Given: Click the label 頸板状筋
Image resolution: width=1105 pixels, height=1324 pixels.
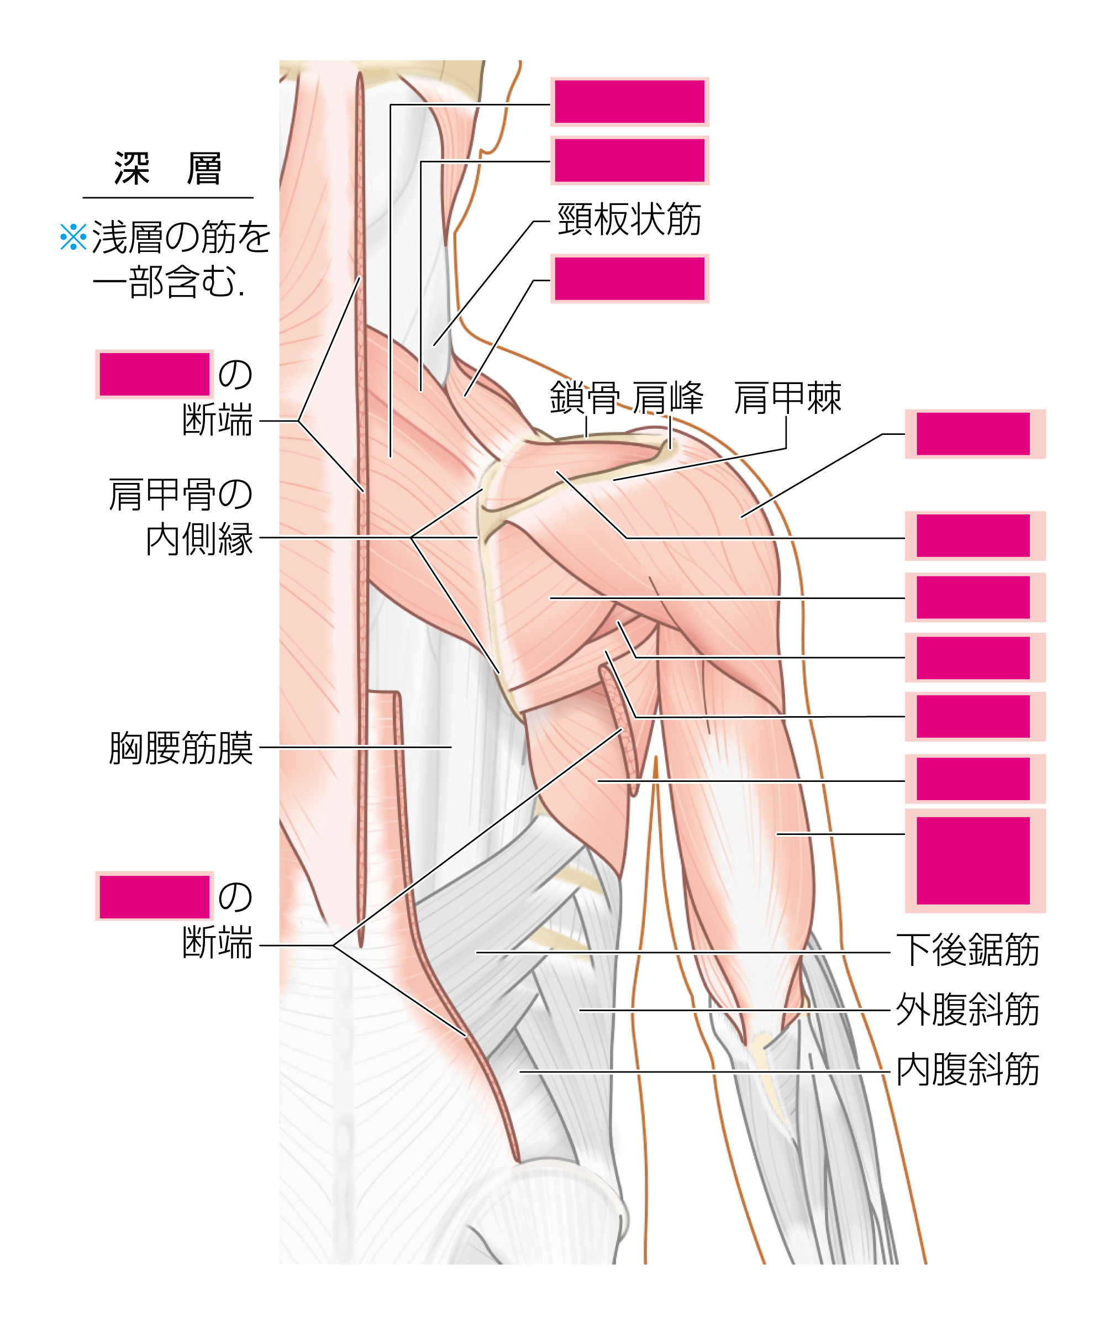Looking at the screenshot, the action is pos(629,219).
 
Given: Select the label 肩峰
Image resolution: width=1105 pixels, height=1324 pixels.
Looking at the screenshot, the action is pos(668,398).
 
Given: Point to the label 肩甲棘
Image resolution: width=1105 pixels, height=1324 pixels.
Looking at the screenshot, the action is pos(787,398).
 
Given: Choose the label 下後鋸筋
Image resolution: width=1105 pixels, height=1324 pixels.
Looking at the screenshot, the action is pos(967,949).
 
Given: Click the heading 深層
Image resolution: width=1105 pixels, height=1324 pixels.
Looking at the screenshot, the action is pos(167,169).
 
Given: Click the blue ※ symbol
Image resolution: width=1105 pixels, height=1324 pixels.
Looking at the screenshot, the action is pos(73,237).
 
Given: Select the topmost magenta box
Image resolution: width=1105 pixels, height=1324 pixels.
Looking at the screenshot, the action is pos(629,102).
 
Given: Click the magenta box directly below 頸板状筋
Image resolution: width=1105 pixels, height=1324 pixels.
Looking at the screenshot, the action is pos(629,279).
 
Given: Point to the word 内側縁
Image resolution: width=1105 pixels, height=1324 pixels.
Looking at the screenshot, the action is pos(199,539).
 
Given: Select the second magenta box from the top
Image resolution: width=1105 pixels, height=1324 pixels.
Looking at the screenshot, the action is pos(629,160).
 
